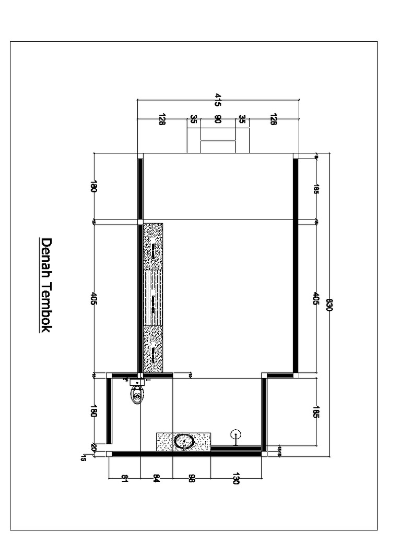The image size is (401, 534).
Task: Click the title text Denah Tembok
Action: tap(46, 286)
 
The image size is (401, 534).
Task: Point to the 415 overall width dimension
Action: tap(218, 100)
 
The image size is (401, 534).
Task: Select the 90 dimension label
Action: tap(218, 119)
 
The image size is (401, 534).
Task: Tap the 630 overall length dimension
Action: tap(329, 306)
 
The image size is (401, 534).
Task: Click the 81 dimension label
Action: tap(124, 478)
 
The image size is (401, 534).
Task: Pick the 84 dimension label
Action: tap(157, 478)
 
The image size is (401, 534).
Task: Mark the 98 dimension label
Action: tap(192, 478)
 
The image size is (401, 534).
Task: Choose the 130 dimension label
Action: tap(235, 479)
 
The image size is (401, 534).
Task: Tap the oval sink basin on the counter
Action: tap(183, 441)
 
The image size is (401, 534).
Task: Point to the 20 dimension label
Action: tap(94, 447)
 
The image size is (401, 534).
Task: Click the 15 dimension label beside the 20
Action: tap(84, 458)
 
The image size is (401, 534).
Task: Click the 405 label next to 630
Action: tap(316, 299)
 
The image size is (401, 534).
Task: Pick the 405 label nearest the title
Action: tap(94, 299)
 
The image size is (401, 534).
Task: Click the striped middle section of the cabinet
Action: tap(153, 298)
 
